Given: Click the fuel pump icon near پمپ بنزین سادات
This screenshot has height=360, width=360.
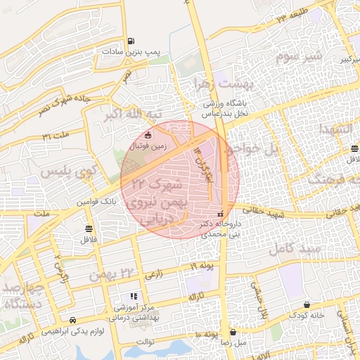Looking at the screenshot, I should click(131, 41).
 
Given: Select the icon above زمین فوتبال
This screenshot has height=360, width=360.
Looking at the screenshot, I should click(148, 136).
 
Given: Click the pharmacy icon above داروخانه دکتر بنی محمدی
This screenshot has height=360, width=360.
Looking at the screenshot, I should click(221, 213).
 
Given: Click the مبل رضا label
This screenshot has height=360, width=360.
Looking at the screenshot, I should click(233, 342).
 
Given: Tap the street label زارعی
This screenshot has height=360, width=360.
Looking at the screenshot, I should click(153, 276).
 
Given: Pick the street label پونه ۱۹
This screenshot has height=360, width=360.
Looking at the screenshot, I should click(201, 268).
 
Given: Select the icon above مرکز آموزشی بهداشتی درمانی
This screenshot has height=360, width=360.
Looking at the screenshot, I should click(134, 297).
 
